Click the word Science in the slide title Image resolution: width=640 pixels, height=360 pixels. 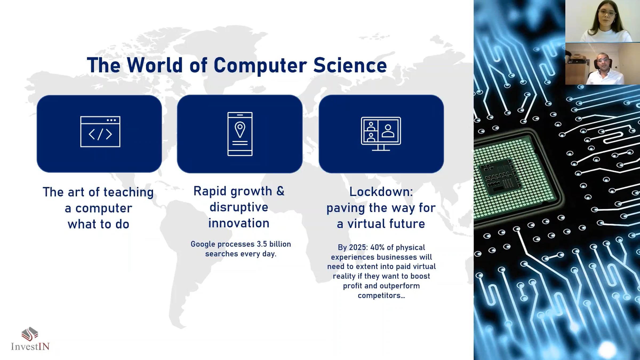coord(350,65)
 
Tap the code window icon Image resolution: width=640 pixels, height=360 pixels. coord(100,131)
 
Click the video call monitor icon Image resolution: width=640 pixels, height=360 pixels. coord(381,134)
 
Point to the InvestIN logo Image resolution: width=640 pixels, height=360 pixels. coord(30,339)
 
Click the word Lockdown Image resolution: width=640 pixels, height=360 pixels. coord(381,192)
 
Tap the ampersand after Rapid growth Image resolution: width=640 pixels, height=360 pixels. coord(281,191)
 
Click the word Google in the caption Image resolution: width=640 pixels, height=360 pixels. coord(203,244)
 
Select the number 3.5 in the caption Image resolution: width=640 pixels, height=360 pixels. coord(262,244)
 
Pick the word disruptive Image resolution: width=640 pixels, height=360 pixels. coord(239,207)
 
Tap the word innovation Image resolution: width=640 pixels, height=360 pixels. coord(239,223)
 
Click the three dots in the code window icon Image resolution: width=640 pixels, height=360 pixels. coord(111,120)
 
